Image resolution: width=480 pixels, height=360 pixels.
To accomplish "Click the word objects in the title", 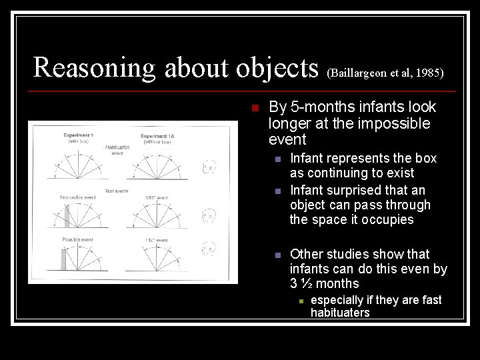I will click(x=275, y=68).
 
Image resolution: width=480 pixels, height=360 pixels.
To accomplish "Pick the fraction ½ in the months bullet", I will click(x=305, y=283).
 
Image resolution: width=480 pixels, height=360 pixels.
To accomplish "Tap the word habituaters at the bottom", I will click(x=340, y=313).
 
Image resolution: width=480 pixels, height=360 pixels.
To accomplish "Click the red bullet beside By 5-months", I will click(x=255, y=108).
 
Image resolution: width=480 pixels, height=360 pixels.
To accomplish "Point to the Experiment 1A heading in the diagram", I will click(x=158, y=136).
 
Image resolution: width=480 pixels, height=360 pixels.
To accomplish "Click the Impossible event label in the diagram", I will click(x=76, y=197).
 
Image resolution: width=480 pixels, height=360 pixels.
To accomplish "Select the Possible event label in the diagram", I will click(x=77, y=239).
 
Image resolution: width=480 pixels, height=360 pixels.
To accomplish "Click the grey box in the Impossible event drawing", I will click(x=67, y=217).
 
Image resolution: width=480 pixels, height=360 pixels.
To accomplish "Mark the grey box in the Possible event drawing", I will click(x=64, y=259).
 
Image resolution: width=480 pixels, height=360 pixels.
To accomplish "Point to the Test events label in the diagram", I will click(x=117, y=191).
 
